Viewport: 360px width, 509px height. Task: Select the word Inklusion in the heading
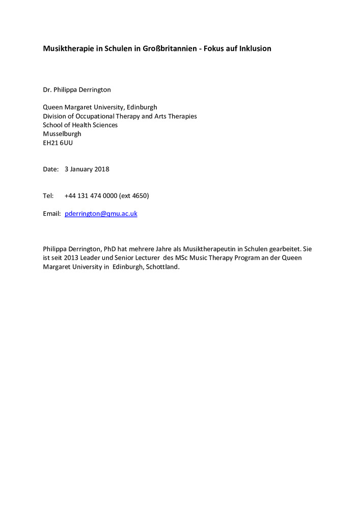click(x=252, y=49)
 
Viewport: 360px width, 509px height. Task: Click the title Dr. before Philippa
click(x=47, y=90)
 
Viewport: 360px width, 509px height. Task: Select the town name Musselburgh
click(x=62, y=134)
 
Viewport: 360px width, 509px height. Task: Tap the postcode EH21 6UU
click(x=58, y=143)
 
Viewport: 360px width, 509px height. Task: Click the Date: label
click(x=51, y=169)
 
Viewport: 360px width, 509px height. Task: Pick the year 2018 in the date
click(x=101, y=169)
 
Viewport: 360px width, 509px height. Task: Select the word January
click(x=81, y=169)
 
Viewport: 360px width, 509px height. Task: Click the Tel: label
click(x=48, y=195)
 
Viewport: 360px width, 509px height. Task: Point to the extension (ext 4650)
click(x=133, y=195)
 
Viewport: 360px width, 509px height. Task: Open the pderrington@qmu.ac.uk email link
click(x=101, y=214)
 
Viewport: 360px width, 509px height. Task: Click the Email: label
click(x=52, y=214)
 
